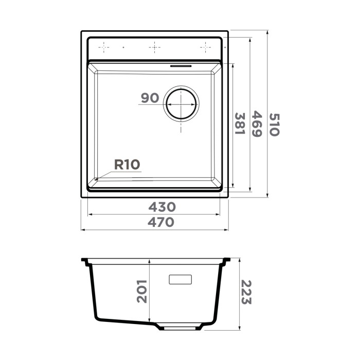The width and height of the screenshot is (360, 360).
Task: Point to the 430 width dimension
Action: (x=162, y=207)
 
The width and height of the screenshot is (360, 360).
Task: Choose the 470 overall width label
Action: (x=161, y=222)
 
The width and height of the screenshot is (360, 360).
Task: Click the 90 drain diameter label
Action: (x=149, y=98)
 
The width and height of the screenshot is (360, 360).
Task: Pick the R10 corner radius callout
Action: (x=127, y=165)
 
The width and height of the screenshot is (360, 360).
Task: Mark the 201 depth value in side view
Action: (x=142, y=291)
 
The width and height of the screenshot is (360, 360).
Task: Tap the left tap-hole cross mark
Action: (x=104, y=47)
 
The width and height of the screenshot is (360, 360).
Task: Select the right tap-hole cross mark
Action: (x=205, y=47)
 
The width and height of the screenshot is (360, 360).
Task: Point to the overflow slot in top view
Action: (x=181, y=66)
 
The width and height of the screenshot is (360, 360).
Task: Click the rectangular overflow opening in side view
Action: (x=181, y=279)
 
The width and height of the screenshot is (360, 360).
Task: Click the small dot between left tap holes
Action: (x=124, y=47)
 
